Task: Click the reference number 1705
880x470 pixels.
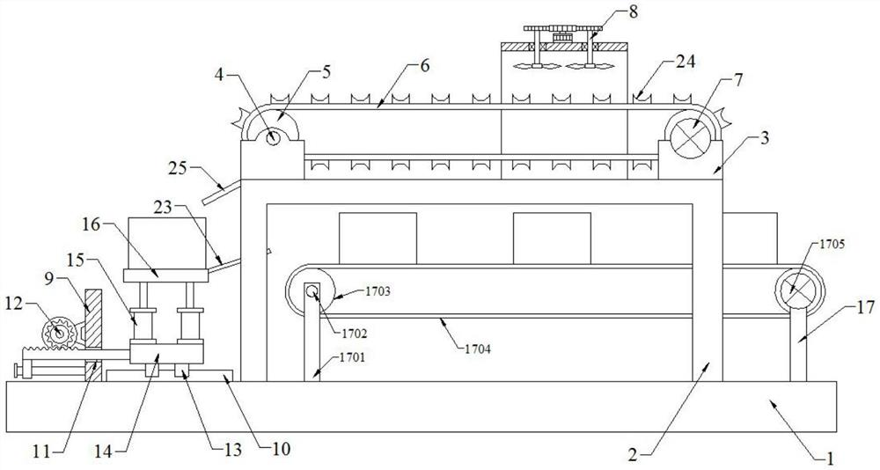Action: pyautogui.click(x=832, y=245)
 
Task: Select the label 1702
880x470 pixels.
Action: pyautogui.click(x=354, y=334)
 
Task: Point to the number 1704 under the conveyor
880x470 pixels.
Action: pyautogui.click(x=478, y=349)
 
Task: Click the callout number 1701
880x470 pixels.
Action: pyautogui.click(x=353, y=357)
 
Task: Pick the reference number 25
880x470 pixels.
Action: pyautogui.click(x=178, y=168)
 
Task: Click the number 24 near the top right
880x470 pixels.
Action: pyautogui.click(x=686, y=61)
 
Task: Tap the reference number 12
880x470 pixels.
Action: pyautogui.click(x=15, y=304)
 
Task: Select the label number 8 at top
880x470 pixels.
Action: pyautogui.click(x=634, y=11)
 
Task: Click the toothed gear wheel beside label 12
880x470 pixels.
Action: pyautogui.click(x=59, y=333)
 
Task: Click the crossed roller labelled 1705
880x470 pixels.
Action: pyautogui.click(x=800, y=290)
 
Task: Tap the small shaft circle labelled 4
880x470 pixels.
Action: pyautogui.click(x=273, y=137)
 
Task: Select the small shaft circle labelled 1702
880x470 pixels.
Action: pyautogui.click(x=312, y=290)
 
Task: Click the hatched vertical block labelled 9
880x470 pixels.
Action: pyautogui.click(x=93, y=319)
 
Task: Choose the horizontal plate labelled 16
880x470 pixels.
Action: pyautogui.click(x=165, y=275)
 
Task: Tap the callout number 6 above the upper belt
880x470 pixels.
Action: pyautogui.click(x=424, y=66)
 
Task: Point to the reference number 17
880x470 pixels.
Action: pyautogui.click(x=865, y=307)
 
